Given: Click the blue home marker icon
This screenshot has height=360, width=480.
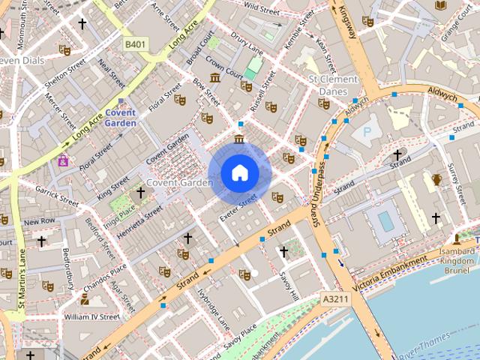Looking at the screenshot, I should click(239, 172).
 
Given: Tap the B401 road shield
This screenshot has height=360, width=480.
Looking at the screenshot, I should click(135, 45).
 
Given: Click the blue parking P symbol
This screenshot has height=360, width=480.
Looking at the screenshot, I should click(367, 131).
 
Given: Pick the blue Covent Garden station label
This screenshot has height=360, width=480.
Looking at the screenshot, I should click(119, 117).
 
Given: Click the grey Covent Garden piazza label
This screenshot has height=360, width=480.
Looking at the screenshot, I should click(179, 182).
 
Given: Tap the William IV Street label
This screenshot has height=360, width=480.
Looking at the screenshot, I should click(91, 316).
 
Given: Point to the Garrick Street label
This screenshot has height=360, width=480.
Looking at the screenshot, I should click(56, 196).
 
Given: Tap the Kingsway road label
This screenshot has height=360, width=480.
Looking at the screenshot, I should click(349, 22).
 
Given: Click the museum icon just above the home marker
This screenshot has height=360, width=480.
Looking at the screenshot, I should click(239, 139).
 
